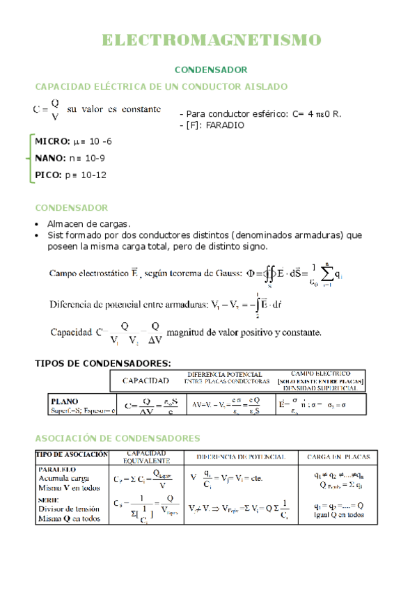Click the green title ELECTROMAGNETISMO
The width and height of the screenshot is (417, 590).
pos(212,40)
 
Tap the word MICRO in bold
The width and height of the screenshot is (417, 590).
pos(52,141)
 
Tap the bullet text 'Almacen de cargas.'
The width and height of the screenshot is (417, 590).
pos(88,224)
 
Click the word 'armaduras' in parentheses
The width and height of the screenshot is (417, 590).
pos(313,235)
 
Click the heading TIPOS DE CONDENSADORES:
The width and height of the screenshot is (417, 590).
pos(102,363)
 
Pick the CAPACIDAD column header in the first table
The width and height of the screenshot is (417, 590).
pos(145,381)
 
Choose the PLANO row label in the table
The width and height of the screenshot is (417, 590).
pos(65,401)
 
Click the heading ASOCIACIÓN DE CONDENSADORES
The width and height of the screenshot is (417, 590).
pos(118,438)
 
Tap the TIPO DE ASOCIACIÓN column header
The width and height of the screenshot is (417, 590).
pos(72,454)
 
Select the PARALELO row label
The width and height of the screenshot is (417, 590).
pos(58,470)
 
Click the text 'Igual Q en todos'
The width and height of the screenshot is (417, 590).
pos(339,515)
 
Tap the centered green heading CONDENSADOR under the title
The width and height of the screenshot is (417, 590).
pos(210,70)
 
